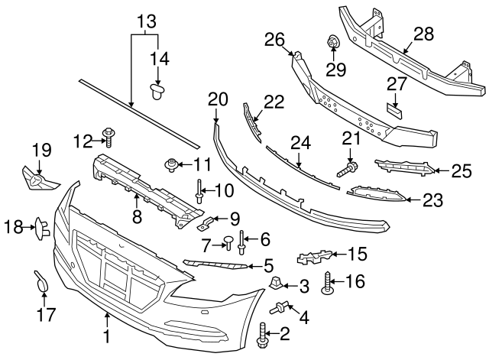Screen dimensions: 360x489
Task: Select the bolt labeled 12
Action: point(110,138)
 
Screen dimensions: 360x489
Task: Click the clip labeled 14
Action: point(158,92)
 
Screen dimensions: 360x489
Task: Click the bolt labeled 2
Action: point(265,333)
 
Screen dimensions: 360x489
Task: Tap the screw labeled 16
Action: point(329,284)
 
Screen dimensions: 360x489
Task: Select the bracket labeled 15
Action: point(317,258)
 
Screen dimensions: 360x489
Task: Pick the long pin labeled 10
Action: point(199,187)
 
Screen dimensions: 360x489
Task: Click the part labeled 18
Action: point(40,226)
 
